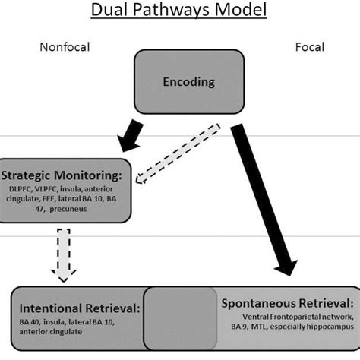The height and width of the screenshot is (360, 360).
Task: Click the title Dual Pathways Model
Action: [179, 11]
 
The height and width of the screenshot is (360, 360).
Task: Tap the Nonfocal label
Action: [64, 47]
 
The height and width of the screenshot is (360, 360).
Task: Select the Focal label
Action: [309, 47]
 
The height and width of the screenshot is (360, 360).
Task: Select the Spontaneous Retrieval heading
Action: [286, 302]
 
